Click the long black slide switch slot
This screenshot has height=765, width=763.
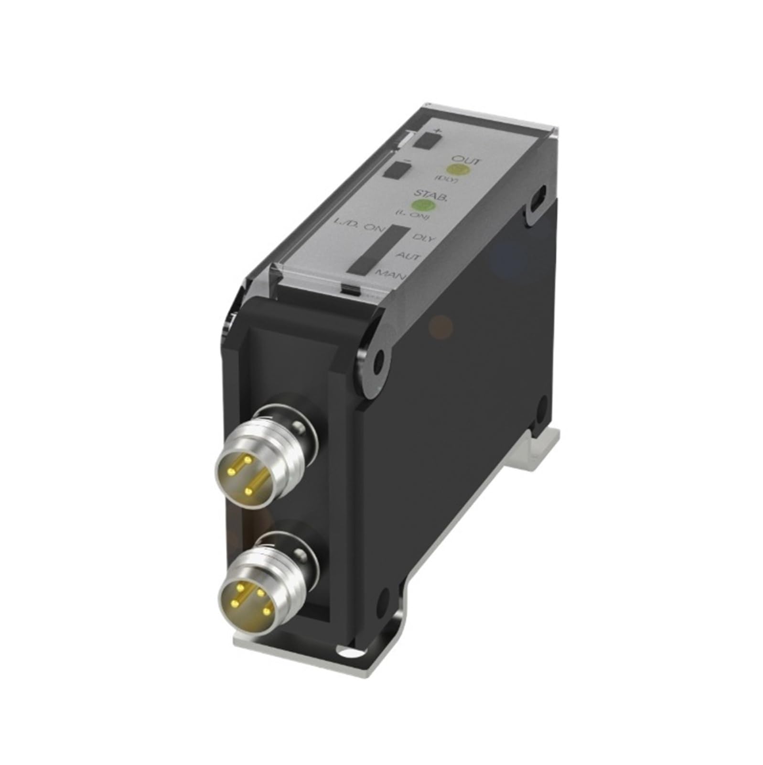pos(377,249)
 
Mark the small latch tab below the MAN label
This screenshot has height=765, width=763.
pos(350,289)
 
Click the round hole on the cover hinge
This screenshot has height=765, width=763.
pos(380,356)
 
